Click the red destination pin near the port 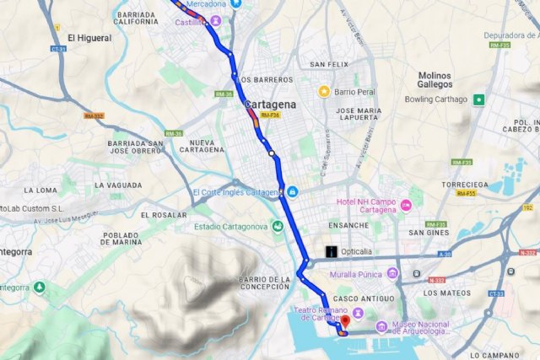[343, 324]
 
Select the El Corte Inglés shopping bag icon [291, 191]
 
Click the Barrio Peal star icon [323, 90]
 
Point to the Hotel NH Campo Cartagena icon [406, 205]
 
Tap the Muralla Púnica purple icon [392, 274]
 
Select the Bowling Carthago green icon [479, 99]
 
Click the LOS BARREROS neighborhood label [266, 80]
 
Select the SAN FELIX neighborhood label [328, 64]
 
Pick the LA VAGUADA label [118, 185]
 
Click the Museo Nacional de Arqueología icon [381, 326]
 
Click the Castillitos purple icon [217, 20]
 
